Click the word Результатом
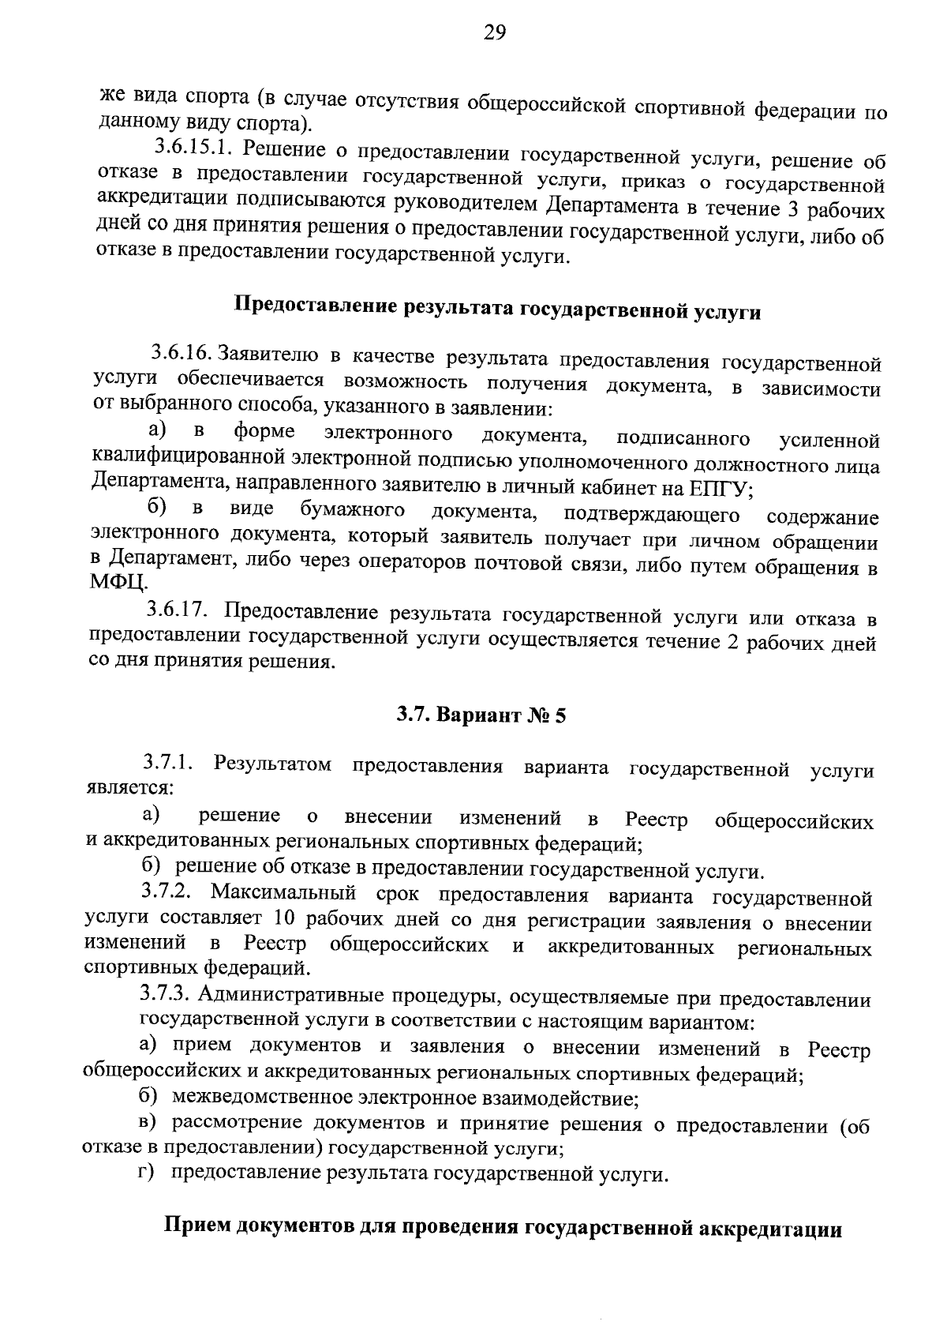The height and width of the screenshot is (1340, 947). point(272,764)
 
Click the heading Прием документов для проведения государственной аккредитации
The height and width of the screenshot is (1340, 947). point(503,1228)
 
